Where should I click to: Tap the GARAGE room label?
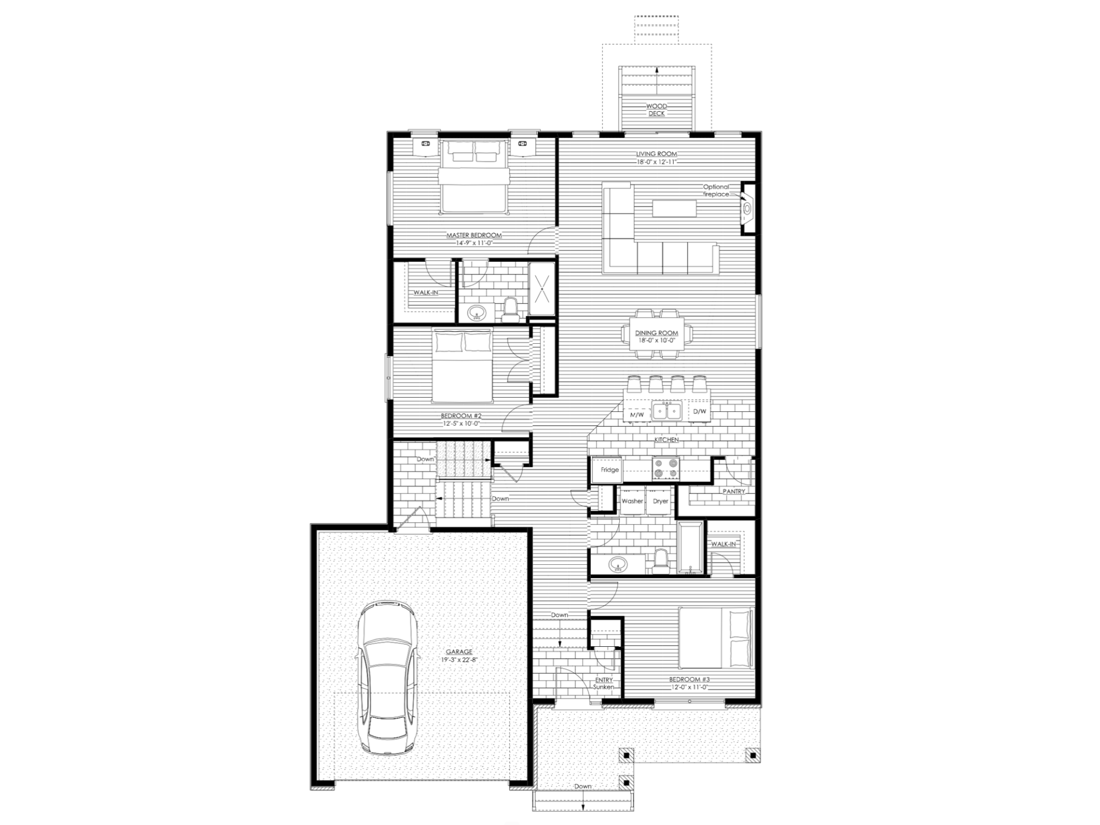(x=459, y=651)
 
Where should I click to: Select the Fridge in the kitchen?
(x=610, y=470)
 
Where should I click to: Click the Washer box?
(x=632, y=501)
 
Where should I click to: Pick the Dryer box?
(x=661, y=501)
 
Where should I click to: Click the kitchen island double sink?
(x=667, y=412)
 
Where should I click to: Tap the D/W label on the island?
(x=700, y=412)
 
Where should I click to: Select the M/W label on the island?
(x=637, y=414)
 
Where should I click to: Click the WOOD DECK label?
(x=657, y=110)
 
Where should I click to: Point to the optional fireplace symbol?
(x=748, y=209)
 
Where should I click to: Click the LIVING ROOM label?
(x=657, y=154)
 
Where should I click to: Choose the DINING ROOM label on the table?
(x=657, y=333)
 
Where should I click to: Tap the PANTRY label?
(x=734, y=492)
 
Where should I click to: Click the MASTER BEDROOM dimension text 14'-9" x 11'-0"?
(x=474, y=243)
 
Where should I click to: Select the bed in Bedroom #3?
(x=716, y=638)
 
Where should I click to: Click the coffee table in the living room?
(x=674, y=208)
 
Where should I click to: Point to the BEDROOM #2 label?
(x=461, y=416)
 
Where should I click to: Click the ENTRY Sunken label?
(x=604, y=683)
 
